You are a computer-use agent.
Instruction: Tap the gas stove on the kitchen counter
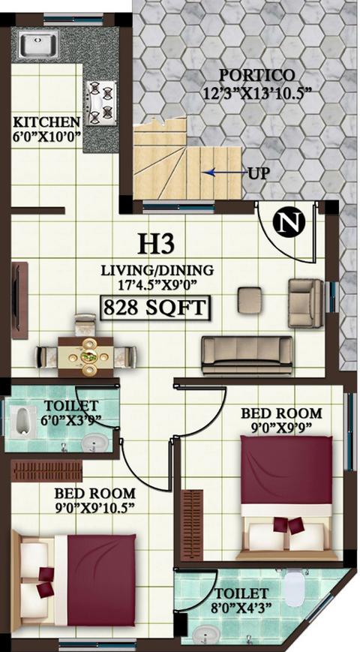coord(101,103)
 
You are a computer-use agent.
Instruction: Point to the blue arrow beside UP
coord(220,173)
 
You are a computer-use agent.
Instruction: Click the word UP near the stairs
coord(258,173)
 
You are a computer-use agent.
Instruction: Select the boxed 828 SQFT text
coord(155,308)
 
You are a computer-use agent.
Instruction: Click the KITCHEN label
coord(46,122)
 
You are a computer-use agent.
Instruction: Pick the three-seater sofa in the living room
coord(247,354)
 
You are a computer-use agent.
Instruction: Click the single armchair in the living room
coord(306,302)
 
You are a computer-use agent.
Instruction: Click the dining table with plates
coord(88,354)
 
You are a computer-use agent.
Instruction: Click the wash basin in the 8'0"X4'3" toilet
coord(204,634)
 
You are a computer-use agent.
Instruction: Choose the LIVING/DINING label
coord(158,269)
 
